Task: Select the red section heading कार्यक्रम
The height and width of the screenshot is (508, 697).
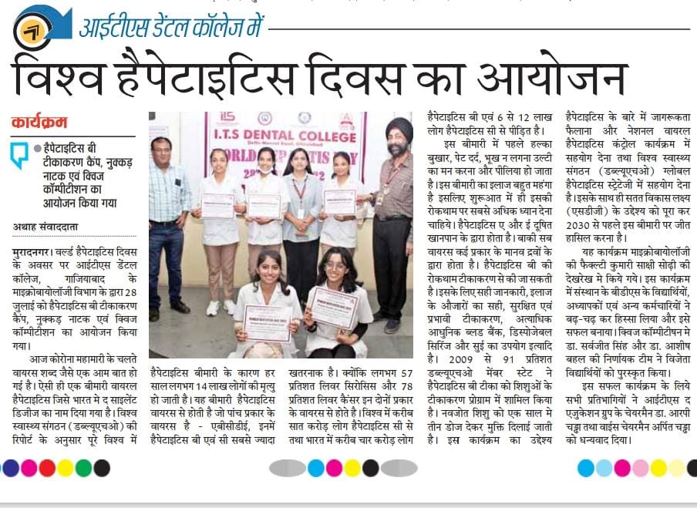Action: pyautogui.click(x=39, y=122)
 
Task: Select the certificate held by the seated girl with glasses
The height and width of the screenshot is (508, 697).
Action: pyautogui.click(x=334, y=308)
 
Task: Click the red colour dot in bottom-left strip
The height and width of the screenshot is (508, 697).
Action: pyautogui.click(x=47, y=468)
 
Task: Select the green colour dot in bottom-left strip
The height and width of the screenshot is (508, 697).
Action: pyautogui.click(x=83, y=468)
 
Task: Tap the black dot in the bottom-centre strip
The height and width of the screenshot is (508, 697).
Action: pyautogui.click(x=371, y=468)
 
